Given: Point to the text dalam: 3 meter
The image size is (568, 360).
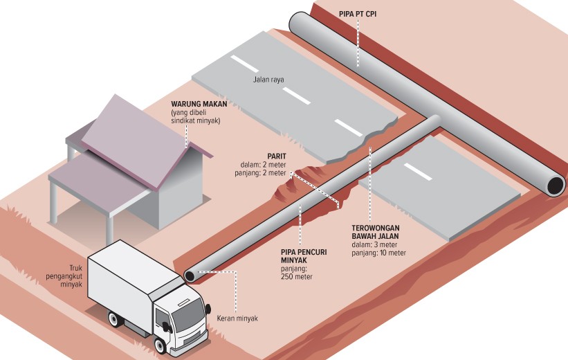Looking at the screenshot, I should tap(374, 244).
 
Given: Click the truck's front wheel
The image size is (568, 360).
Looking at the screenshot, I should tap(161, 344).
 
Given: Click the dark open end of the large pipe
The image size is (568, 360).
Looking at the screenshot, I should tap(555, 186).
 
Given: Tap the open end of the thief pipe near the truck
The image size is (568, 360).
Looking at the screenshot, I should tap(189, 275).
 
